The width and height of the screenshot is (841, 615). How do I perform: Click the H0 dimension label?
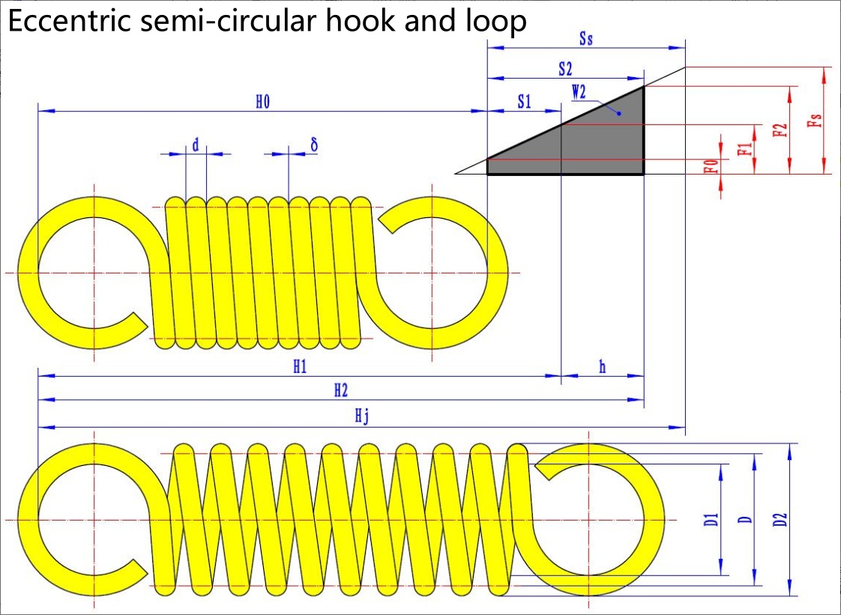[262, 102]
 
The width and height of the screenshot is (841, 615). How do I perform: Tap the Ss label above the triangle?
[586, 39]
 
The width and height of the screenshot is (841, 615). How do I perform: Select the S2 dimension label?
[565, 69]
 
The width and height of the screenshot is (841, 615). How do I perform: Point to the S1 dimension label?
[524, 102]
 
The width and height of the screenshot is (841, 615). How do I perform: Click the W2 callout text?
[579, 92]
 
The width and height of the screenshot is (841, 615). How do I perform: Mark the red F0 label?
[711, 167]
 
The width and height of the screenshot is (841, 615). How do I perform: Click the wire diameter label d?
[195, 145]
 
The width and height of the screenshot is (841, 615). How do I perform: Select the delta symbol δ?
[314, 145]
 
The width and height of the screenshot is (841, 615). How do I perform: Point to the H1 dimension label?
[300, 367]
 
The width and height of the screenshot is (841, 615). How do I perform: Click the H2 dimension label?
[341, 390]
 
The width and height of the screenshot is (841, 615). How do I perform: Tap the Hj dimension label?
[362, 417]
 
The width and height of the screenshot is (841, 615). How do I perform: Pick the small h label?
[603, 367]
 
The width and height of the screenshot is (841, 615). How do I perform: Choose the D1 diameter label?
[711, 519]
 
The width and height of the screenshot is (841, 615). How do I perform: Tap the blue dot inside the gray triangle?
[619, 114]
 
